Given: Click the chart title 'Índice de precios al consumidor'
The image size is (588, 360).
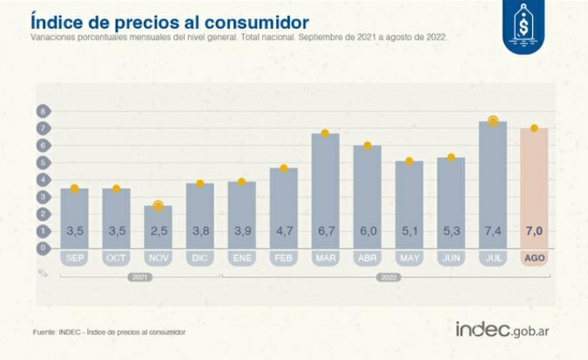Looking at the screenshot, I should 169,21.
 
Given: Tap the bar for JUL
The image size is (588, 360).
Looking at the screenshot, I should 493,184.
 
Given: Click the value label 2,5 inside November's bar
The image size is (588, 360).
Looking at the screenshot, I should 158,232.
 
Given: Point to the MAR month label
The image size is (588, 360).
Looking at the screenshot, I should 325,258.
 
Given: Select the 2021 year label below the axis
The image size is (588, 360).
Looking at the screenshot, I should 139,278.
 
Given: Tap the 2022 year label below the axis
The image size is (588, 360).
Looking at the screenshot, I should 388,278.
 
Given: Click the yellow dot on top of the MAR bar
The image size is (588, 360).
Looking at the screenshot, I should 325,133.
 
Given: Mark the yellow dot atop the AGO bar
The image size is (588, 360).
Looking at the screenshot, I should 534,128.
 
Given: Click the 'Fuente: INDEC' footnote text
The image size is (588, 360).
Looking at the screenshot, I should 109,332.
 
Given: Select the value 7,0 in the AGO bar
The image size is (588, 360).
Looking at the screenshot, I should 534,232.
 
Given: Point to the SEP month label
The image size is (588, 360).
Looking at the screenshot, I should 74,258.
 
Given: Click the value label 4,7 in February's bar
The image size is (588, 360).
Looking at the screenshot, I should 283,232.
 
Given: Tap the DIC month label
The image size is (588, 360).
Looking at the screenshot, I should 200,258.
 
